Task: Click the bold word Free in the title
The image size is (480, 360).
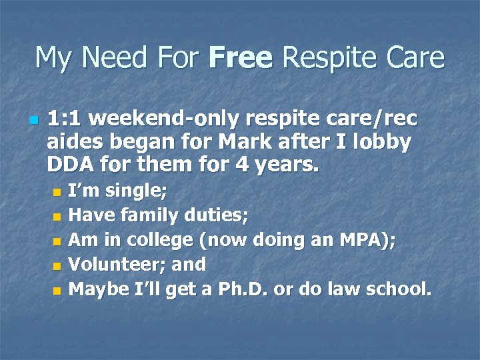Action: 240,58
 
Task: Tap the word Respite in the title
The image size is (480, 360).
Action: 322,58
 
